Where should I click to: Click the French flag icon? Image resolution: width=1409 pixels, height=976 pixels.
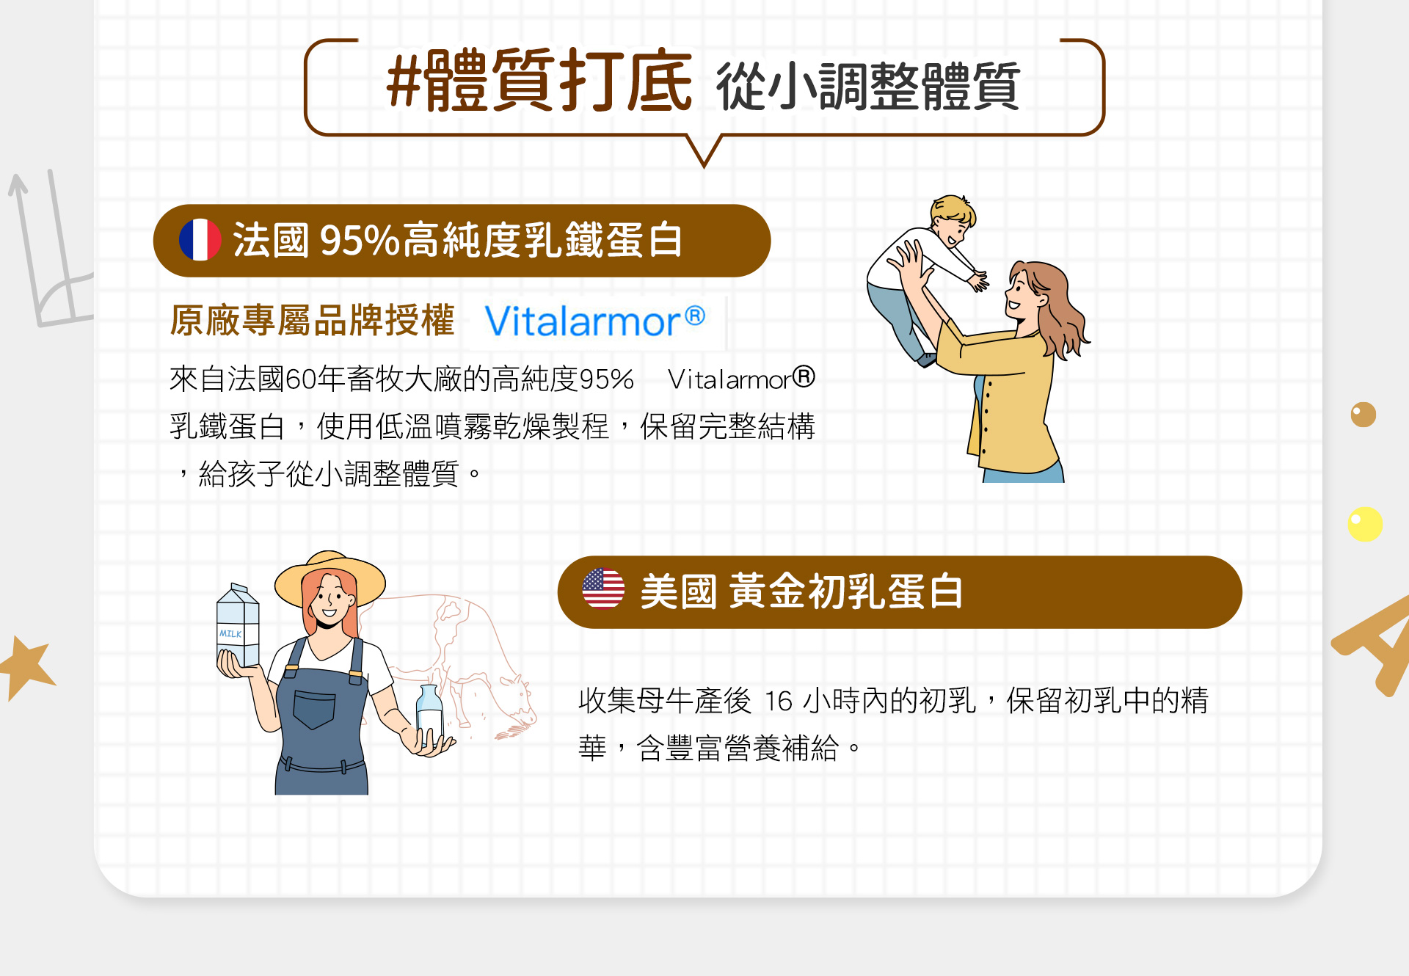click(x=200, y=240)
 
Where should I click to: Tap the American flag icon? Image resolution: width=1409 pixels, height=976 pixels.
click(x=603, y=589)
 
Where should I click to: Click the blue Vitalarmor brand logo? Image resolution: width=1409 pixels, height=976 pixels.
click(x=594, y=321)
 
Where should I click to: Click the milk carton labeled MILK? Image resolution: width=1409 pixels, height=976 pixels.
click(x=237, y=625)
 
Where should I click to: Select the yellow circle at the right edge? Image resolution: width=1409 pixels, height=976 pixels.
click(x=1365, y=524)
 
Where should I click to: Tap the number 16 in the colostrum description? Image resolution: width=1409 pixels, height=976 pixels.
click(x=779, y=701)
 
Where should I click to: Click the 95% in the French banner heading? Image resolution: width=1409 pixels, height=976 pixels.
click(x=360, y=241)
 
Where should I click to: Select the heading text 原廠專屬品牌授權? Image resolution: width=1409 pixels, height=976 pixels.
click(x=313, y=321)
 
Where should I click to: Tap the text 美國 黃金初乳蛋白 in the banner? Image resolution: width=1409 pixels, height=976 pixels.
click(x=801, y=591)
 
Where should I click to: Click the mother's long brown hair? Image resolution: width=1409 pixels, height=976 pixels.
click(x=1057, y=308)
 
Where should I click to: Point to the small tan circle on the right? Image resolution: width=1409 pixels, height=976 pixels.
click(x=1364, y=415)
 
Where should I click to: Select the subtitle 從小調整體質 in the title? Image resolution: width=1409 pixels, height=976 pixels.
click(x=868, y=87)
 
